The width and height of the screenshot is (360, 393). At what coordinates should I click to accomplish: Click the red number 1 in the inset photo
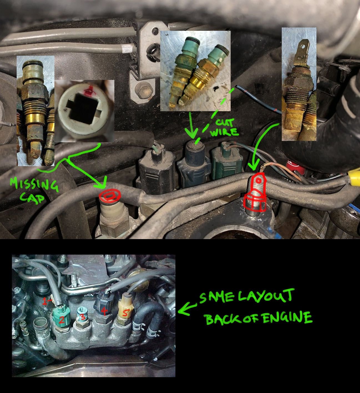tap(45, 300)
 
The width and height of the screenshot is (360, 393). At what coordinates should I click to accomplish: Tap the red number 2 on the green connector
tap(62, 320)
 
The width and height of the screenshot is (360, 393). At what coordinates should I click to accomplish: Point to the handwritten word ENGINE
tap(288, 318)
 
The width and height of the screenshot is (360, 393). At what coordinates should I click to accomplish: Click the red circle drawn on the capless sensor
tap(110, 195)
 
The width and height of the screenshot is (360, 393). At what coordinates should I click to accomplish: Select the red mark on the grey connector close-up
tap(89, 91)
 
